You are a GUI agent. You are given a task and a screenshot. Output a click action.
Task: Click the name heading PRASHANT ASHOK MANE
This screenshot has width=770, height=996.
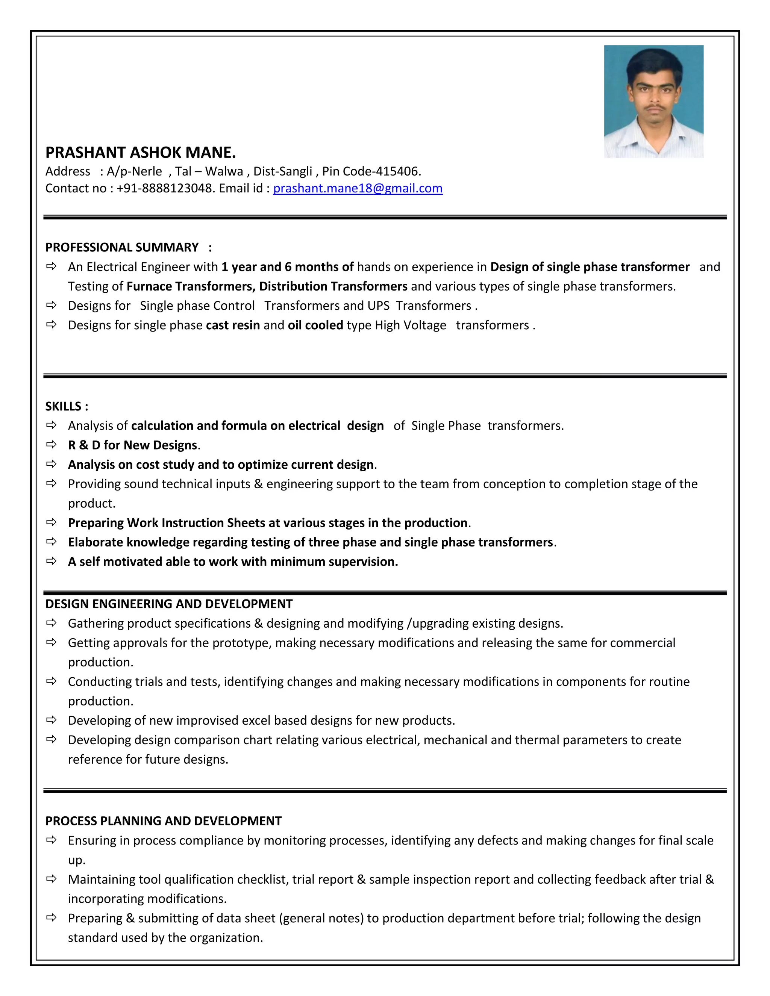click(x=141, y=152)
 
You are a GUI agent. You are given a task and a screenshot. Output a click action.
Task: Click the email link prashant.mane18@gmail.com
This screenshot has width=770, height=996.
click(x=358, y=188)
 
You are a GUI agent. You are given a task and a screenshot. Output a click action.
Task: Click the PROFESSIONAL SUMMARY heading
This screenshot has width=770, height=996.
click(x=122, y=247)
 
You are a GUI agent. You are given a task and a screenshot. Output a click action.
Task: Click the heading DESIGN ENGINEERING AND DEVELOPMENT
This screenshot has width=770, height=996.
click(x=169, y=604)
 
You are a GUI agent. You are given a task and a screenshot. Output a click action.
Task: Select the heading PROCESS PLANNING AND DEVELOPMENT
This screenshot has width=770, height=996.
click(x=163, y=821)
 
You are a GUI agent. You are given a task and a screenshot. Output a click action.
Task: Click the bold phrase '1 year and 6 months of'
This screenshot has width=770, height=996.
click(x=287, y=267)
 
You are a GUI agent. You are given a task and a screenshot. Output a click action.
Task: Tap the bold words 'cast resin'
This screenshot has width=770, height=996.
click(x=233, y=325)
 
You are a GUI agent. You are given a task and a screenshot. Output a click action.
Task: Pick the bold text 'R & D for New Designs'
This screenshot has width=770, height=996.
click(x=133, y=445)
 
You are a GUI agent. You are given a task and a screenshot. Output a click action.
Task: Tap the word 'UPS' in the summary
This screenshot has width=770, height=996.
click(x=378, y=306)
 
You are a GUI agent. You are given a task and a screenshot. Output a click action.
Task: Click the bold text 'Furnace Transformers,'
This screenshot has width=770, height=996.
click(x=192, y=286)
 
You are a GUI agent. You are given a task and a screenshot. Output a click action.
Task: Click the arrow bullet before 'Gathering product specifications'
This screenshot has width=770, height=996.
click(x=51, y=622)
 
